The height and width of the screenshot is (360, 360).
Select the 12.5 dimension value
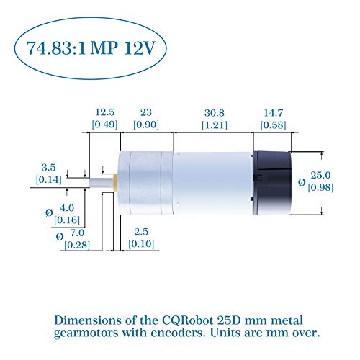pyautogui.click(x=105, y=112)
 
